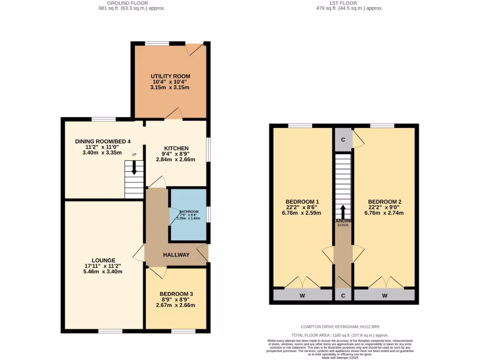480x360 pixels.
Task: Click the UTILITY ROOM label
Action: tap(170, 76)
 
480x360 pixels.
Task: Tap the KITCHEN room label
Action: tap(176, 148)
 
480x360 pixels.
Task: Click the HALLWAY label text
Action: tap(176, 255)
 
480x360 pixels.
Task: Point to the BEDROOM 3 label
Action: tap(176, 294)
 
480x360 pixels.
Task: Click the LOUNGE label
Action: tap(103, 261)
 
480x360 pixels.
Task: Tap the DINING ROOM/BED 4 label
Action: tap(103, 141)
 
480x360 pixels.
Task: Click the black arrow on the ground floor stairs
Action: tap(134, 168)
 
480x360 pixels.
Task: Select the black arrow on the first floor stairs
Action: tap(343, 211)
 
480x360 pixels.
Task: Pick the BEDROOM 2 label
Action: tap(384, 202)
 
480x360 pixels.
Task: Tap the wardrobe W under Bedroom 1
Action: tap(302, 295)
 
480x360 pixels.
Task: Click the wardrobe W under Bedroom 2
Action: tap(384, 295)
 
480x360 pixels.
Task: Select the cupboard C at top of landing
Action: tap(343, 140)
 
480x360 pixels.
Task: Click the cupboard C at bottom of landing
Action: tap(343, 295)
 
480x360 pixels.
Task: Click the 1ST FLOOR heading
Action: tap(343, 3)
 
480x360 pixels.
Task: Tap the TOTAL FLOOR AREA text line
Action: tap(340, 335)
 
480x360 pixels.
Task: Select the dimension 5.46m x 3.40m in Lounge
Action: tap(103, 271)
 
